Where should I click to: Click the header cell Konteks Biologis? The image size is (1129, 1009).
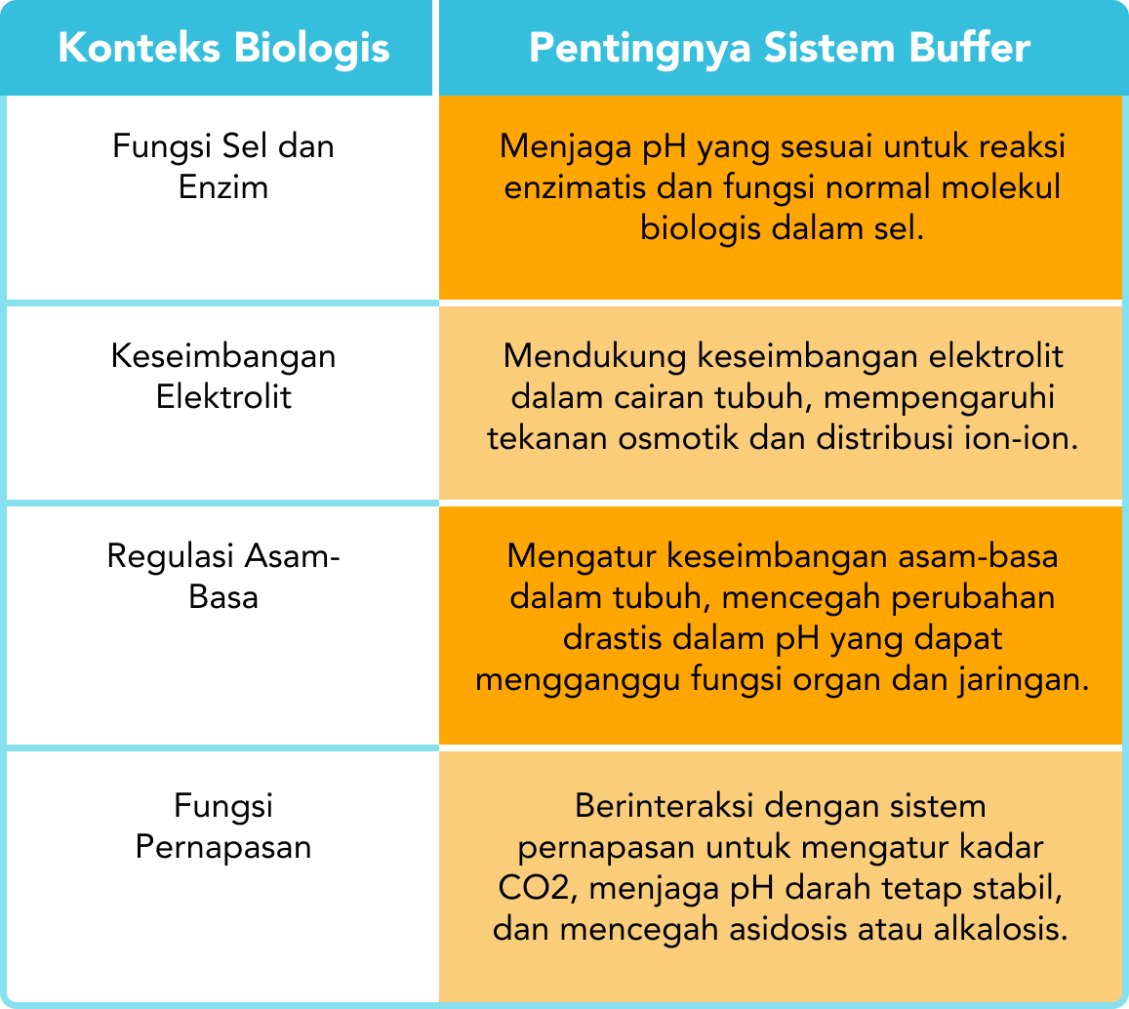223,48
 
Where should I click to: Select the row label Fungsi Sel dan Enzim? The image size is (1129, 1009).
223,166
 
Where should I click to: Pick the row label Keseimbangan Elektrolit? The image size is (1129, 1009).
223,376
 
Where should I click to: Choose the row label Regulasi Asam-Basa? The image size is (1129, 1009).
223,576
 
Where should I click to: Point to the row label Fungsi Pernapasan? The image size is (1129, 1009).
223,826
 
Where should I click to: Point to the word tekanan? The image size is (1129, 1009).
546,438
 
